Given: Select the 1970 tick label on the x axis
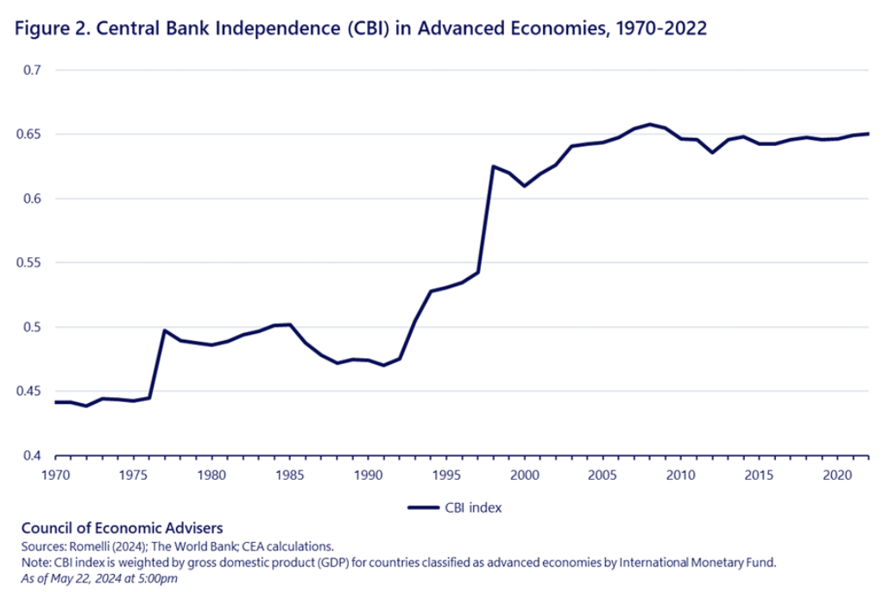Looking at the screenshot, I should (x=55, y=475).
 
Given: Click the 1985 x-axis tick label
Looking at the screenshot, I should (x=290, y=475).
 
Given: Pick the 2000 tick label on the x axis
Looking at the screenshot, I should (x=524, y=475).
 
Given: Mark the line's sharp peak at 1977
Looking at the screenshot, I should (x=164, y=331).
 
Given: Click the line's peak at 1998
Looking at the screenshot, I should (x=493, y=167).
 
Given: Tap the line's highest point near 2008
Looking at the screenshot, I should (x=649, y=124).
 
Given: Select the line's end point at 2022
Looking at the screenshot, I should (x=868, y=134).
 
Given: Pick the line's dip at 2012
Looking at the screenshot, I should (x=712, y=153).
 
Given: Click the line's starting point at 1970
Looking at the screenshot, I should (x=55, y=402).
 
